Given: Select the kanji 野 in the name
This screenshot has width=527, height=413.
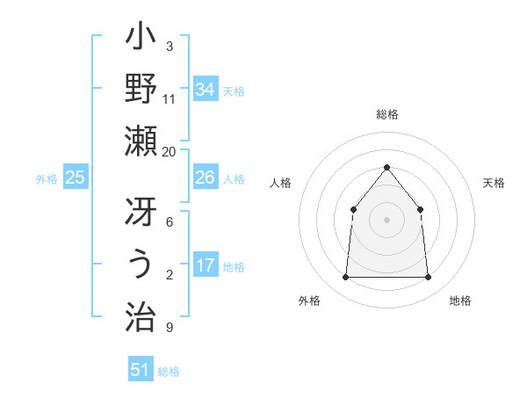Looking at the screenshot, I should click(x=141, y=89).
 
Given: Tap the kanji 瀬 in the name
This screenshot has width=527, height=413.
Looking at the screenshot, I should click(x=141, y=140).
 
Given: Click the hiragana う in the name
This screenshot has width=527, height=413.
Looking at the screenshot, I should click(x=141, y=264).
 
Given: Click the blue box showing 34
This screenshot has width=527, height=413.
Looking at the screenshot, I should click(x=205, y=90).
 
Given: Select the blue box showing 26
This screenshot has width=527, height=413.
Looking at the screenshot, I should click(x=205, y=178).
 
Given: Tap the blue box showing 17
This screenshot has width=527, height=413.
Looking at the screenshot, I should click(x=205, y=265).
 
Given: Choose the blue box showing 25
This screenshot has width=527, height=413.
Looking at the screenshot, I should click(x=75, y=178).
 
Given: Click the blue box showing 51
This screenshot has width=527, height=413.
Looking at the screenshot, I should click(x=140, y=370).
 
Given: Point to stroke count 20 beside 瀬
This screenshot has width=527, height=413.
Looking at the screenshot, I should click(x=170, y=151).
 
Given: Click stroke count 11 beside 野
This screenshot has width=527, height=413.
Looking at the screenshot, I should click(x=170, y=98).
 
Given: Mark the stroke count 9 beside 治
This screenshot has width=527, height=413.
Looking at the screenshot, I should click(x=169, y=329).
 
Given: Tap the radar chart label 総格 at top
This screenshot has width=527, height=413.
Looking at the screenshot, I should click(x=386, y=114).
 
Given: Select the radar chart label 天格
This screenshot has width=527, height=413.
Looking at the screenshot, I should click(x=494, y=183).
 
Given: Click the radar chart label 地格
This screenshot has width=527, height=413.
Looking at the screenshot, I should click(x=460, y=301).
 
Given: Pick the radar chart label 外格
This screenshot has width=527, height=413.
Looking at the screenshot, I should click(x=309, y=301).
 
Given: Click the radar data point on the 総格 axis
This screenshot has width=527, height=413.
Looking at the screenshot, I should click(x=386, y=167).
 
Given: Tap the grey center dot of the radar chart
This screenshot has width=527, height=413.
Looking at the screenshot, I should click(x=386, y=220).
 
